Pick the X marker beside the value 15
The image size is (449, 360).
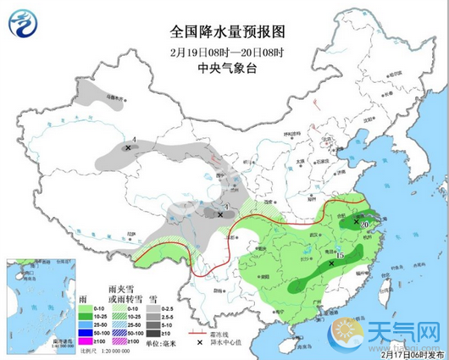(x=330, y=263)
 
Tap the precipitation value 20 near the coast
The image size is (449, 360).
(x=364, y=225)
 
